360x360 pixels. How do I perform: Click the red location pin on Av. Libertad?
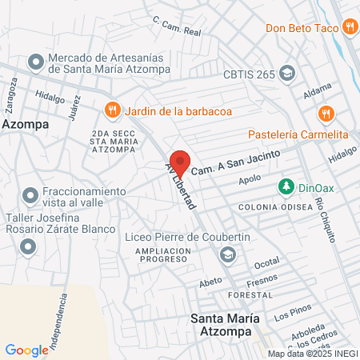[x=180, y=162]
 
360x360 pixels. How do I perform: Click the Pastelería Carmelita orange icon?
[x=324, y=113]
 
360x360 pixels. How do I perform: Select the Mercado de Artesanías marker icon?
[x=35, y=62]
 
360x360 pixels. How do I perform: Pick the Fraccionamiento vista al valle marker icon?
[x=30, y=194]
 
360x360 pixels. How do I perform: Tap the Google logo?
[x=26, y=350]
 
